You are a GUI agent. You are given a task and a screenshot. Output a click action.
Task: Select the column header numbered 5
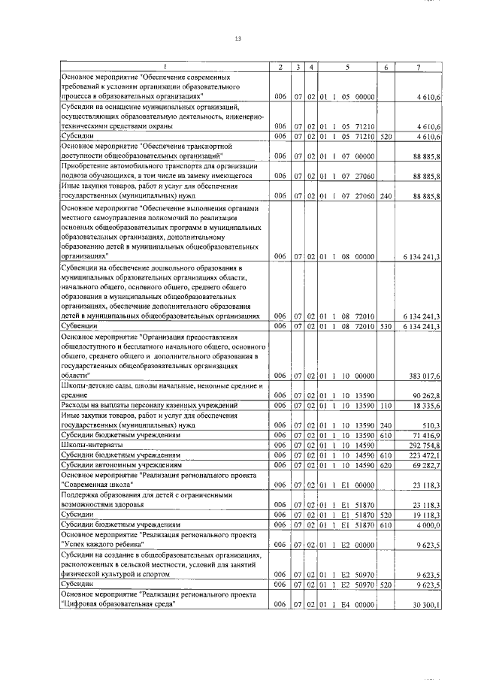tap(347, 68)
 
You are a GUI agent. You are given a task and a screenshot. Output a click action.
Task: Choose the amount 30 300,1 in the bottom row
tap(428, 604)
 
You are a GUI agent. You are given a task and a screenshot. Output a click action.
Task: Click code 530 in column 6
tap(386, 326)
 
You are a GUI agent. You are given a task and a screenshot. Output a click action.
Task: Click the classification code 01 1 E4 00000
tap(347, 604)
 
